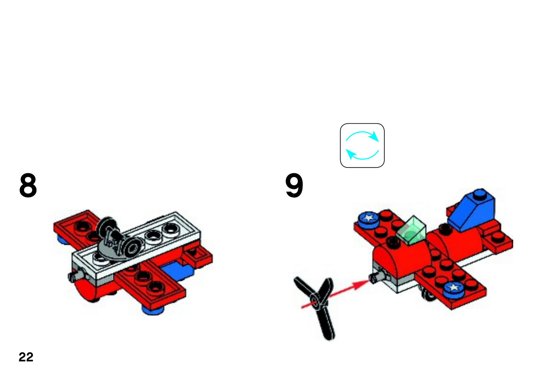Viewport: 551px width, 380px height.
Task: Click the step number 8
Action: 28,185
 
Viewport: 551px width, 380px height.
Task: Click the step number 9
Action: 294,185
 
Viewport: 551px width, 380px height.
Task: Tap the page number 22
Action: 26,357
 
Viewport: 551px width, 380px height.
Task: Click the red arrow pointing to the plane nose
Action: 335,294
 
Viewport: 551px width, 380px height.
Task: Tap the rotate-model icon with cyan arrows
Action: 362,145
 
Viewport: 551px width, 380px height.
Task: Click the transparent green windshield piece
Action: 411,230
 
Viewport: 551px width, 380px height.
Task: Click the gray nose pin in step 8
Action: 76,276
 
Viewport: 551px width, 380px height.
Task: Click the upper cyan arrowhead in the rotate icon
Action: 374,136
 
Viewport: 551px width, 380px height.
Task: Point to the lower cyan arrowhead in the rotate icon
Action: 351,154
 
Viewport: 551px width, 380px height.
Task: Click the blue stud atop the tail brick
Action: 480,194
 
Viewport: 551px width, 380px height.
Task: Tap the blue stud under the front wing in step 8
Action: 153,311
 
